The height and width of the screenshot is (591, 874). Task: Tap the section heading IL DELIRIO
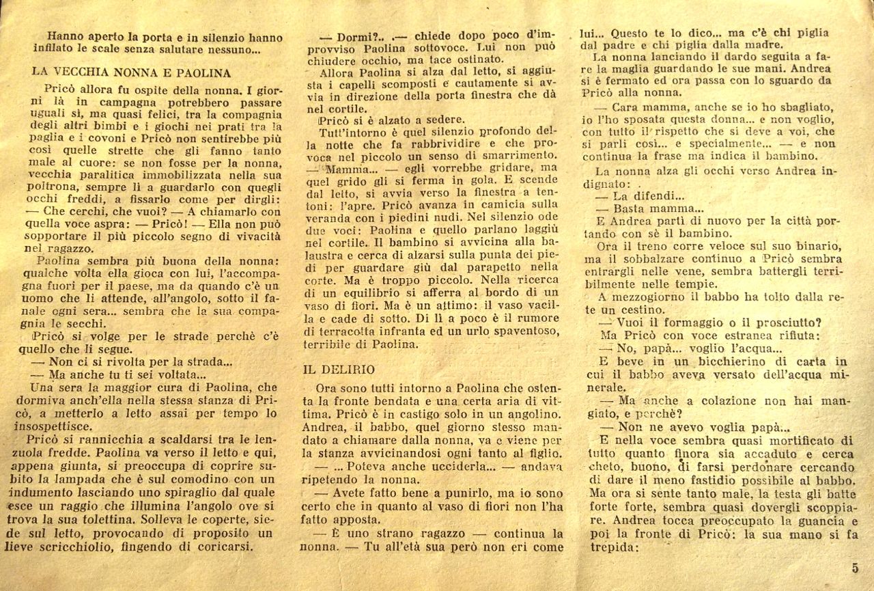tap(339, 370)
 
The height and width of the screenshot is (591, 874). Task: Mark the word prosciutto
tap(767, 323)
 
